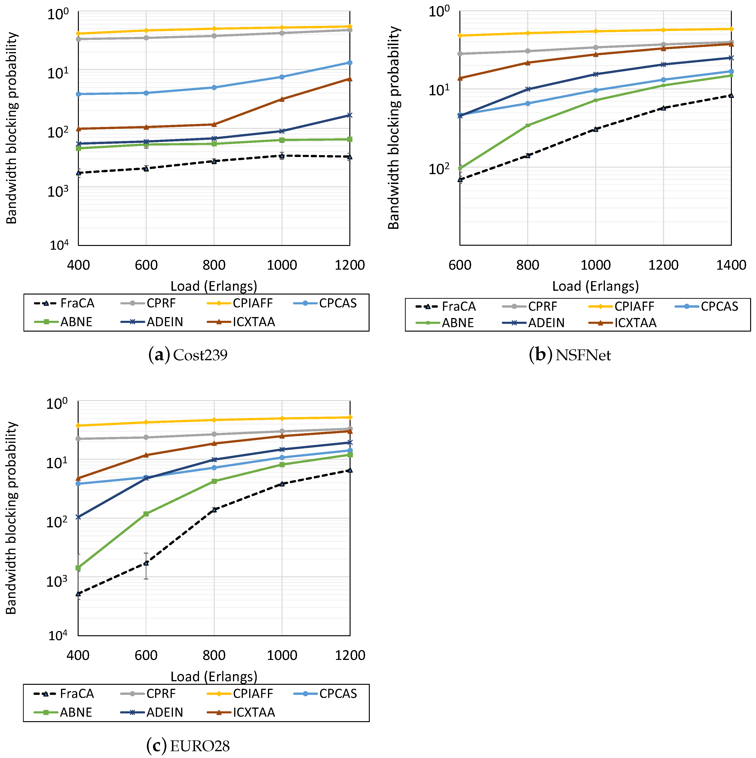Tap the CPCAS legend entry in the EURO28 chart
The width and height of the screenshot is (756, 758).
coord(337,694)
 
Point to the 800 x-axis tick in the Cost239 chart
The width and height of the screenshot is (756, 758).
coord(214,265)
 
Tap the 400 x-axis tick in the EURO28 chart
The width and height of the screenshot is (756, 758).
coord(78,655)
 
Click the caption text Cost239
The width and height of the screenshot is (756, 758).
coord(200,355)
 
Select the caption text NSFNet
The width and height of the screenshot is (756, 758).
coord(583,355)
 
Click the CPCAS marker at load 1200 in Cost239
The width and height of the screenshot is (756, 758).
coord(350,63)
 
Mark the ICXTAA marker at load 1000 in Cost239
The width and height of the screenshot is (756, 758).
coord(282,99)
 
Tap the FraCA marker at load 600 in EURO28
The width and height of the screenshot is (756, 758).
coord(146,563)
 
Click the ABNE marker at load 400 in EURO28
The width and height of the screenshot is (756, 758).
coord(78,568)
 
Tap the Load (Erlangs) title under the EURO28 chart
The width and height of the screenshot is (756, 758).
coord(214,677)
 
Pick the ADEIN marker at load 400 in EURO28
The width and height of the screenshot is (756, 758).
coord(78,517)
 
